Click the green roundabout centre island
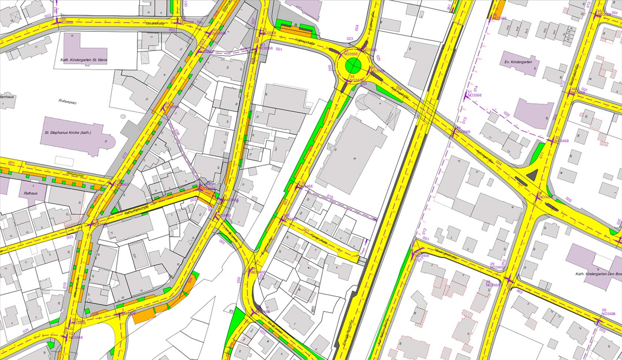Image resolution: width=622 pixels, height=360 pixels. tap(353, 67)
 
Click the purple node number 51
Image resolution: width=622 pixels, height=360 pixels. tap(470, 91)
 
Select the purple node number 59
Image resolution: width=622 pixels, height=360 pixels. tap(604, 310)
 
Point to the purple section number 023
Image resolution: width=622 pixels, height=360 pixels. tap(350, 38)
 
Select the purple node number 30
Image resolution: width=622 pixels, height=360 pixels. tap(557, 137)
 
